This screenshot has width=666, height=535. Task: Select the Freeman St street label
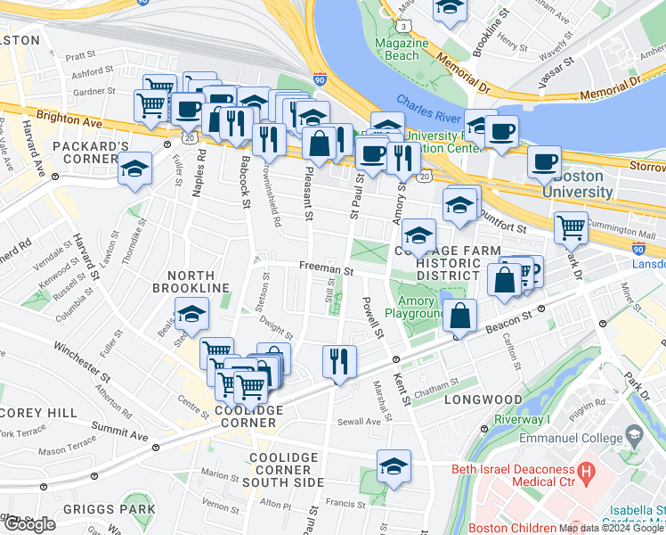(x=326, y=267)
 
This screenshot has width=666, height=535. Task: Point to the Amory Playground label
(x=415, y=309)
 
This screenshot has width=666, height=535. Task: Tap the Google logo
(x=28, y=523)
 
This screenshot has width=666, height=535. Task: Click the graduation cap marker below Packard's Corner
(x=134, y=169)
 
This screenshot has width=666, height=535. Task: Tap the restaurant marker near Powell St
(x=339, y=361)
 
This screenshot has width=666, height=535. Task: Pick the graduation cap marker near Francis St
(x=393, y=466)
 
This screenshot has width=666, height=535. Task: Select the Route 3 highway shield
(x=405, y=27)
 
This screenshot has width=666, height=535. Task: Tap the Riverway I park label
(x=523, y=420)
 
